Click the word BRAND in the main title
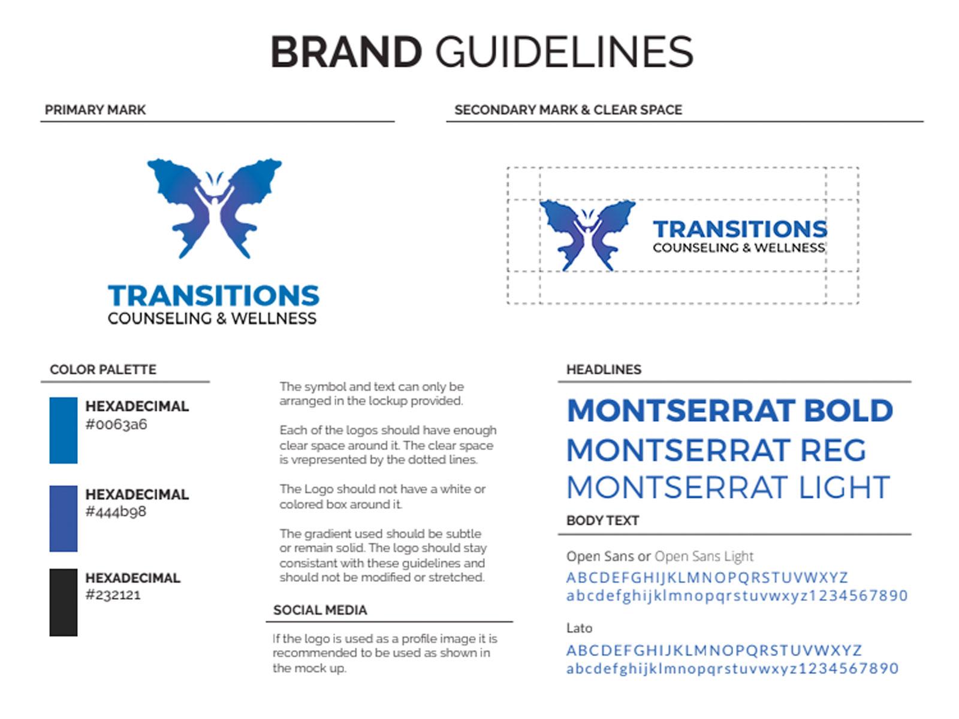point(346,52)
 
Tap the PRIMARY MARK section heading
point(95,110)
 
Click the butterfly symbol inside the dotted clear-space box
point(587,235)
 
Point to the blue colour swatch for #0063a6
point(64,430)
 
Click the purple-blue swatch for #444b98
point(64,518)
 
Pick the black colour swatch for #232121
point(64,602)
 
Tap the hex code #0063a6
point(116,424)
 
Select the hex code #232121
point(113,594)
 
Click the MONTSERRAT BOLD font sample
point(729,410)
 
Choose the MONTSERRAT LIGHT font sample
point(728,487)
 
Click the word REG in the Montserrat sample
point(833,450)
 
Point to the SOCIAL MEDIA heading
point(320,610)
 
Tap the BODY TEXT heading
point(602,520)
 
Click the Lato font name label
point(580,628)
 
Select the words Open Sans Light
point(704,556)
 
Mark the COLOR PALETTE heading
point(103,370)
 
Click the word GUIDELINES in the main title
point(564,52)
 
